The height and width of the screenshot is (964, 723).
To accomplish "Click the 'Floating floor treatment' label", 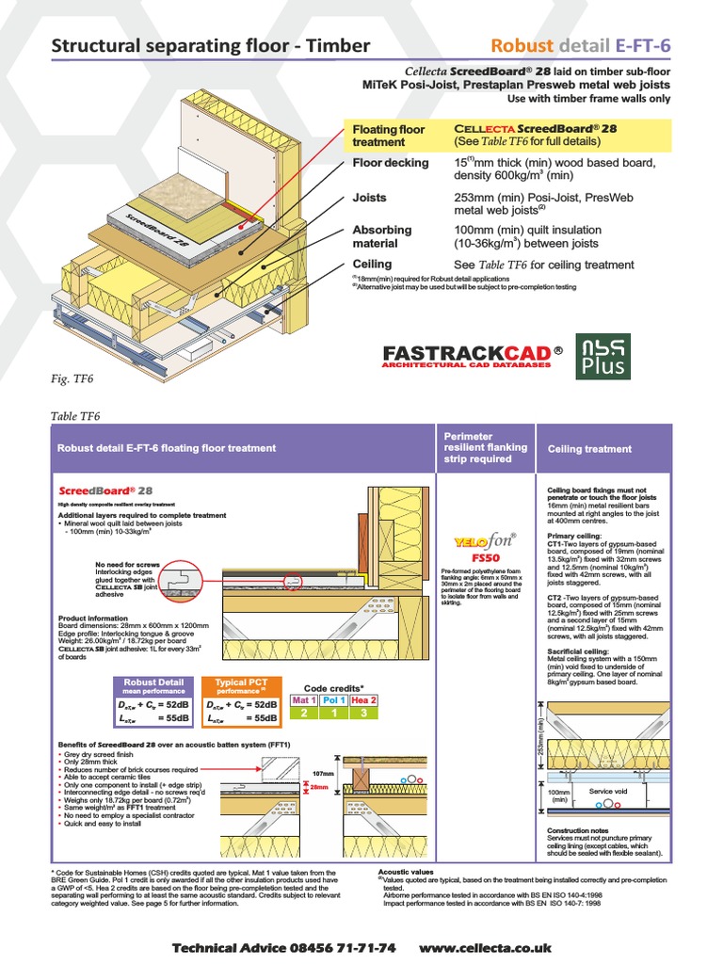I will click(388, 136).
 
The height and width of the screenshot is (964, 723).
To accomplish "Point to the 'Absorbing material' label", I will click(381, 236).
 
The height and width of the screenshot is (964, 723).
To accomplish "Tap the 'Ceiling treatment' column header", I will click(590, 449).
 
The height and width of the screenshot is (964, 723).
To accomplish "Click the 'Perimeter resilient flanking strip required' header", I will click(485, 447).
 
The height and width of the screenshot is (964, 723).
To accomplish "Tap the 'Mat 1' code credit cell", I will click(304, 700).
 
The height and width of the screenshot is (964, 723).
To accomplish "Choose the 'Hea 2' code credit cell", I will click(363, 700).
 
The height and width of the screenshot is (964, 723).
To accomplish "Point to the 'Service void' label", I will click(607, 791).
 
